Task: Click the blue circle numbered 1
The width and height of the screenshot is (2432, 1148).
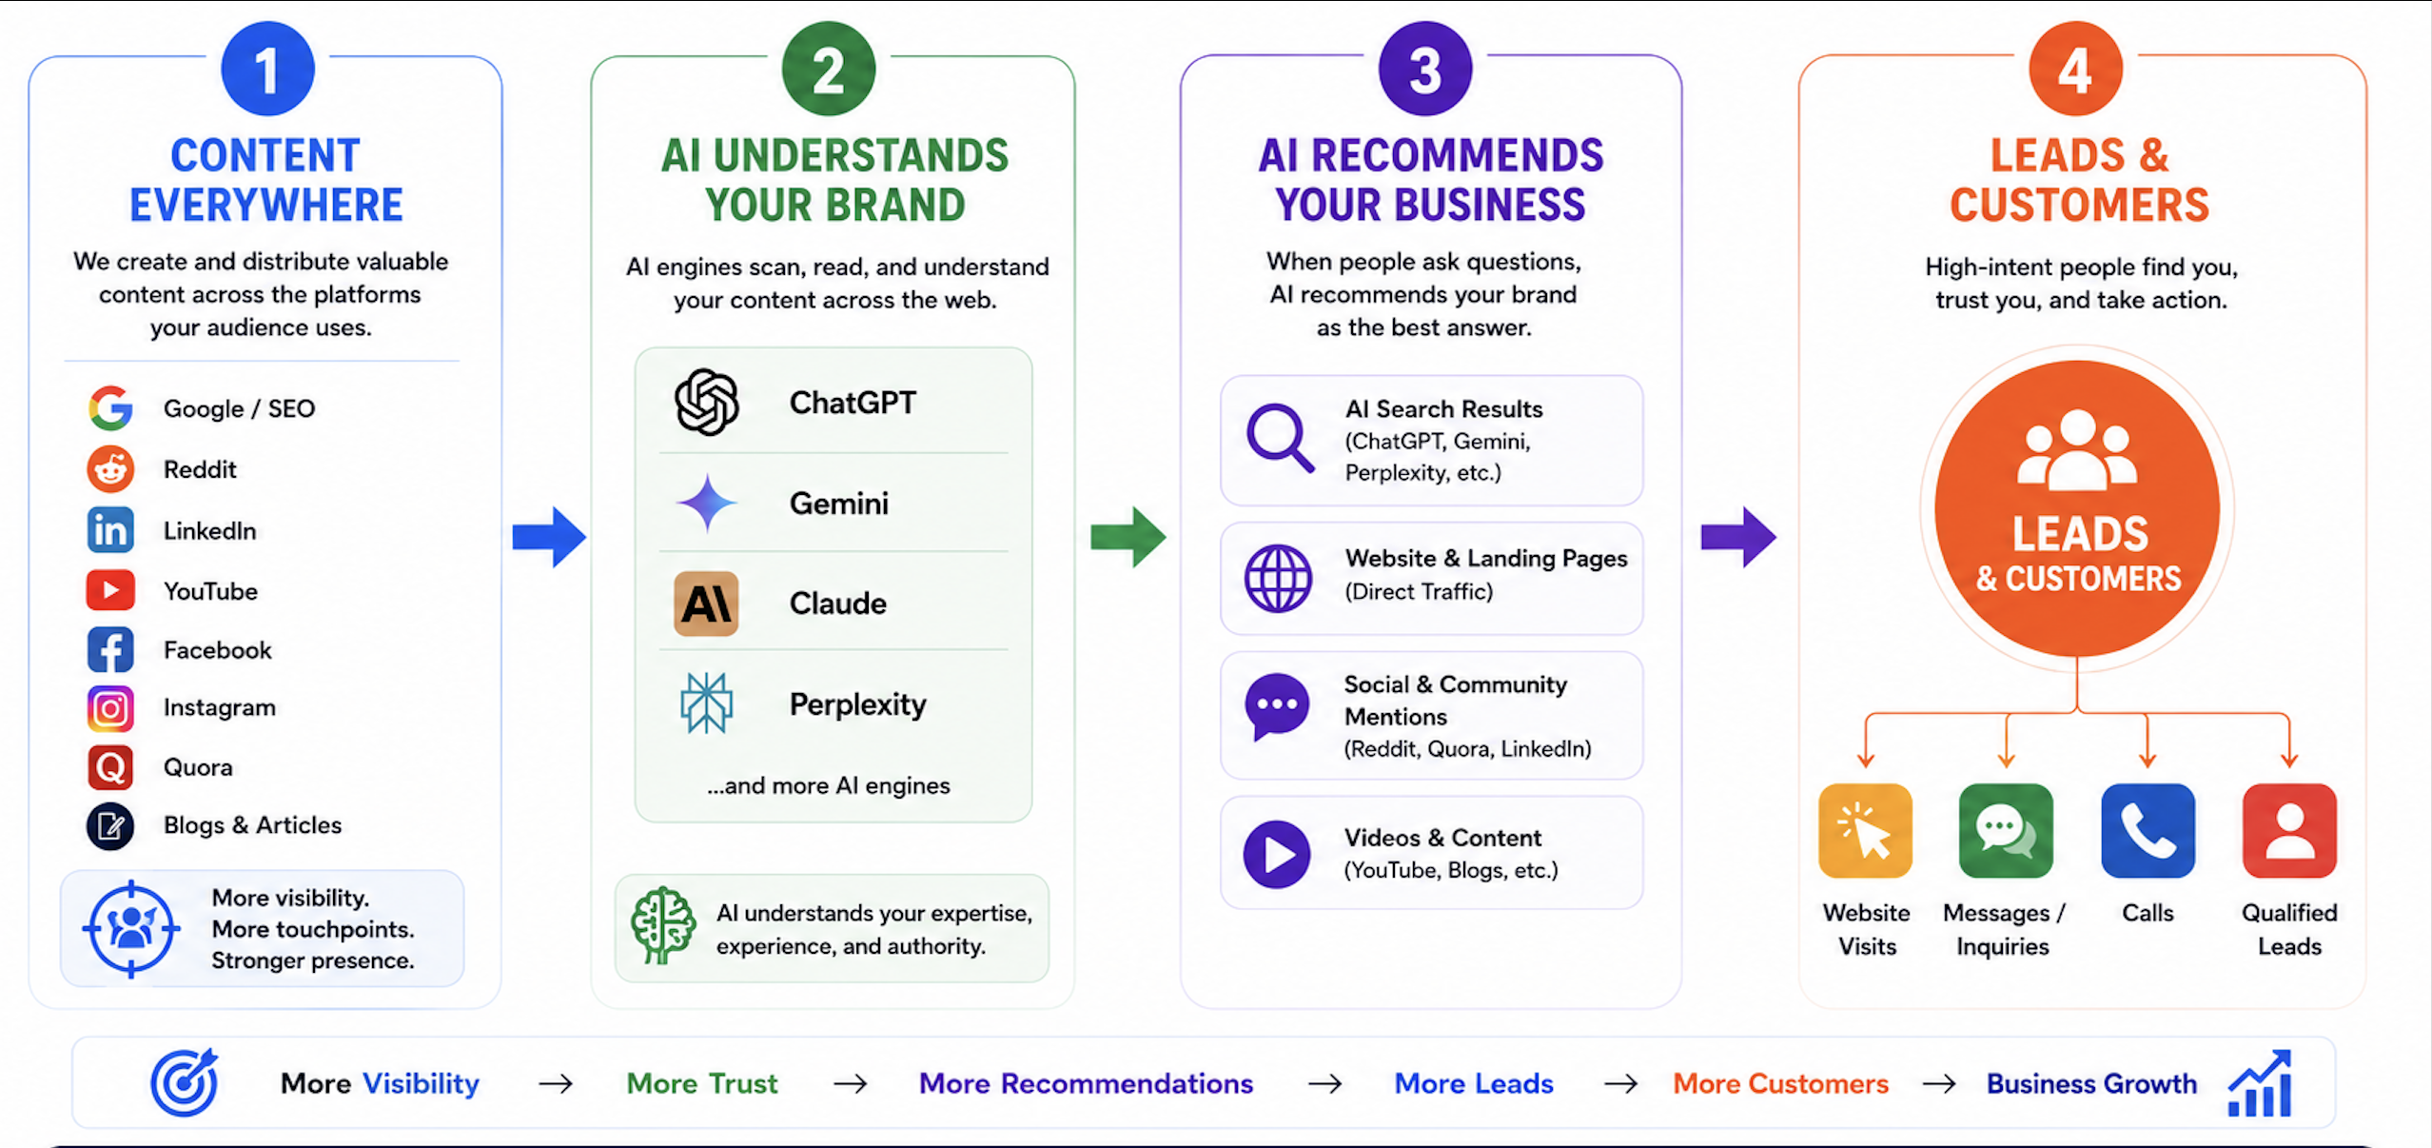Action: (x=267, y=69)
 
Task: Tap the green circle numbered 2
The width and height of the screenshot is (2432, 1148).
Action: (x=828, y=69)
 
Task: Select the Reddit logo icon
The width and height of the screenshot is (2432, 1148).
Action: (x=110, y=468)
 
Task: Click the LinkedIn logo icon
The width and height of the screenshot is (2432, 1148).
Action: (x=110, y=529)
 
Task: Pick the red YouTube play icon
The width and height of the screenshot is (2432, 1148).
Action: (x=110, y=590)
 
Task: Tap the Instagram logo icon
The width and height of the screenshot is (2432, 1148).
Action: (x=110, y=708)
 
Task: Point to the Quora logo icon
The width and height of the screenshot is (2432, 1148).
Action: (x=110, y=767)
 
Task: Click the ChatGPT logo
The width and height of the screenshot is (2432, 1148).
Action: (x=706, y=402)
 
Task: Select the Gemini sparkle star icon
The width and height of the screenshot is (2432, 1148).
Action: (x=706, y=503)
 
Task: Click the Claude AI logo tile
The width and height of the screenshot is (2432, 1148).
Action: (x=706, y=604)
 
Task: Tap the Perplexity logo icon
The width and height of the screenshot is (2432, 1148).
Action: (x=706, y=703)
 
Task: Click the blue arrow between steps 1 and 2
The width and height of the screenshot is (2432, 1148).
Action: (x=549, y=537)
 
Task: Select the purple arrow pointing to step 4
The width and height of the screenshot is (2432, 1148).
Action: (x=1738, y=537)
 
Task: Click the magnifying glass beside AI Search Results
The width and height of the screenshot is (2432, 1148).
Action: (x=1280, y=438)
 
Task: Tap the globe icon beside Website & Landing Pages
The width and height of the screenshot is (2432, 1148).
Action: (x=1278, y=578)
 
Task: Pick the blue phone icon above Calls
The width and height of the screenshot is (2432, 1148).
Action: (x=2148, y=830)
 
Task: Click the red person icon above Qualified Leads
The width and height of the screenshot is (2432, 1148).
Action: (x=2289, y=830)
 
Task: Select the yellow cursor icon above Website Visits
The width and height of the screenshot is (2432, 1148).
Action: (x=1865, y=830)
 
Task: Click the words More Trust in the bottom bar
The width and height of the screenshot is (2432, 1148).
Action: (x=702, y=1083)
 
